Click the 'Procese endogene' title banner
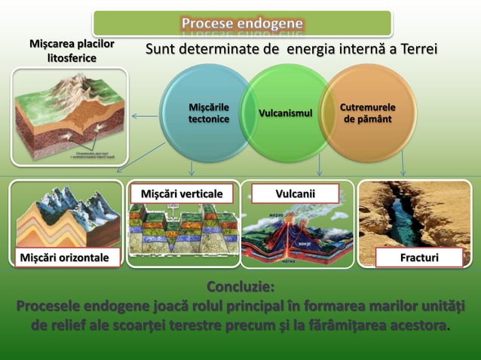pyautogui.click(x=242, y=23)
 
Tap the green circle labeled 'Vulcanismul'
pyautogui.click(x=285, y=113)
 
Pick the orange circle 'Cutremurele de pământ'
pyautogui.click(x=367, y=113)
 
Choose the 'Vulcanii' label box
pyautogui.click(x=295, y=194)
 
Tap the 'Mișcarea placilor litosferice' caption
pyautogui.click(x=72, y=50)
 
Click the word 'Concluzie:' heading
pyautogui.click(x=240, y=288)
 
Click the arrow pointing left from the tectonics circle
pyautogui.click(x=144, y=116)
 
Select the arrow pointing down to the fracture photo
pyautogui.click(x=404, y=163)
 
